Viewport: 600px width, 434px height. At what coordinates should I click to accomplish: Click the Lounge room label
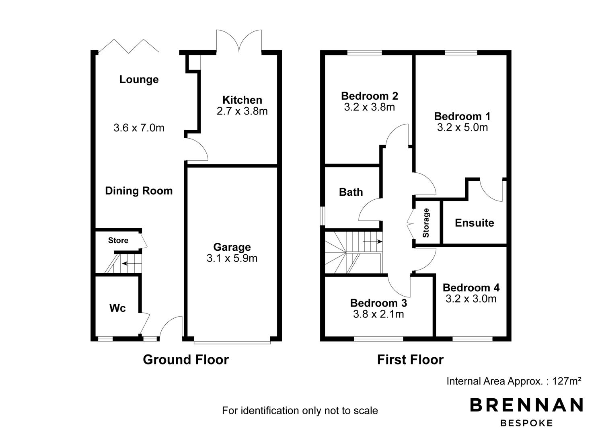(139, 80)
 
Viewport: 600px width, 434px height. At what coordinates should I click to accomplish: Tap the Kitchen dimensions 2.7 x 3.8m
(242, 111)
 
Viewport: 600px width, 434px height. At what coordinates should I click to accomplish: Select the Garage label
(232, 247)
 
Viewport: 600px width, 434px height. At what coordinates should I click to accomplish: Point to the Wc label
(117, 308)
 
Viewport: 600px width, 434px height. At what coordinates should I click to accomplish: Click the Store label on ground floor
(118, 240)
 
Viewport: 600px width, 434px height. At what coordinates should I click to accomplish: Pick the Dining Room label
(139, 191)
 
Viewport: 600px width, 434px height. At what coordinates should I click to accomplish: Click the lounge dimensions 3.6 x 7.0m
(139, 128)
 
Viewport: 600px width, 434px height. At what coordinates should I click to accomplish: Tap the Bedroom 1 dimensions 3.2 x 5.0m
(462, 127)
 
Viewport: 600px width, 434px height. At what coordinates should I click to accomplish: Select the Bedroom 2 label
(370, 96)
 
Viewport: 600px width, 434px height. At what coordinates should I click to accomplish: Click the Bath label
(351, 192)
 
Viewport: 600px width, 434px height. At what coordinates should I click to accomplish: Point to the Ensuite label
(475, 223)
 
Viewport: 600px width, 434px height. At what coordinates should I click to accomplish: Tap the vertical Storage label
(426, 223)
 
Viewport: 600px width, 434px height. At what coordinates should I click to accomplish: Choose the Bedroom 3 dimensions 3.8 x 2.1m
(378, 314)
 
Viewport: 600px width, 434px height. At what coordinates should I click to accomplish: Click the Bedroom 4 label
(471, 288)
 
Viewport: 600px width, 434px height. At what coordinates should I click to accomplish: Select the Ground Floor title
(186, 360)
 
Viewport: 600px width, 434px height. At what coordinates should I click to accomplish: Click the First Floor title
(410, 360)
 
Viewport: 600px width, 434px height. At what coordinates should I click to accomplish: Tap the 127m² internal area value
(567, 381)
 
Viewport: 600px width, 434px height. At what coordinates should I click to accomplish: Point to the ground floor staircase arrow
(128, 264)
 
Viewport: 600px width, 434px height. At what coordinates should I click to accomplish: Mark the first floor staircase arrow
(373, 242)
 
